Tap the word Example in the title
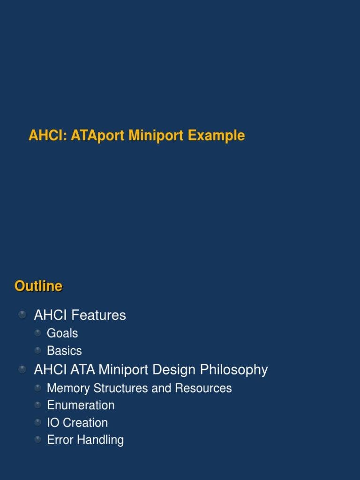pos(217,136)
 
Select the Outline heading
pos(38,286)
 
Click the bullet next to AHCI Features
pos(22,315)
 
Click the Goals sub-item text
pos(62,333)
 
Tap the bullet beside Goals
pos(38,333)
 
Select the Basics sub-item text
pos(64,351)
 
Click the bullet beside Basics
pos(38,350)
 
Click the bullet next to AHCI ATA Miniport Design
pos(22,369)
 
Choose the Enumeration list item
pos(81,405)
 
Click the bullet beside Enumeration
pos(38,405)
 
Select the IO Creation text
pos(77,422)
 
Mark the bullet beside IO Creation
pos(38,422)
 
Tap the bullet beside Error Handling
pos(38,440)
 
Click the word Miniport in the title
pos(157,136)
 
